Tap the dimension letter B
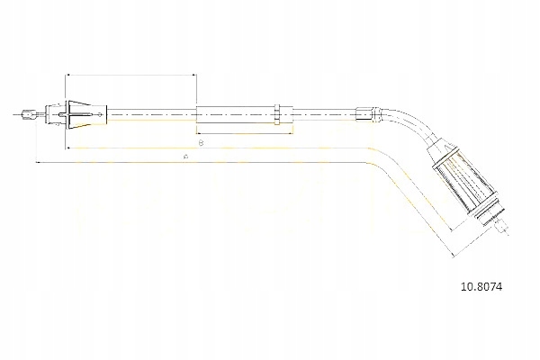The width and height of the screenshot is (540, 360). [x=201, y=143]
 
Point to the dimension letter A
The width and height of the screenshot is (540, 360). [x=184, y=157]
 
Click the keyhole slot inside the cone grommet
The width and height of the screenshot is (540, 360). [x=62, y=115]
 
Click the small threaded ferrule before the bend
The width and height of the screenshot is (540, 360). [x=364, y=113]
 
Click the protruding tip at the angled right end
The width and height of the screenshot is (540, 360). [x=500, y=226]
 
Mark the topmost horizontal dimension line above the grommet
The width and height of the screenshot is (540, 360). [x=131, y=75]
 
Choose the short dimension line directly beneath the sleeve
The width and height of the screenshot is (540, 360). [x=244, y=132]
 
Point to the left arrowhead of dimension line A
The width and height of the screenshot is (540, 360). [x=38, y=163]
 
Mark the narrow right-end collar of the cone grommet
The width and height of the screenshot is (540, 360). [x=105, y=114]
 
